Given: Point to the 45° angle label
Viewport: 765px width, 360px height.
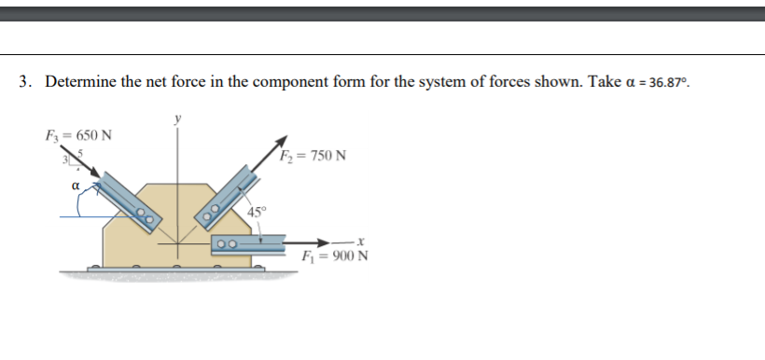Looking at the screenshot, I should point(257,209).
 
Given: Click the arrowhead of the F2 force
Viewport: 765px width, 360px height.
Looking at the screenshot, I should point(279,143).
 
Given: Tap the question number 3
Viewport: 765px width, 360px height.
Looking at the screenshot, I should point(24,82).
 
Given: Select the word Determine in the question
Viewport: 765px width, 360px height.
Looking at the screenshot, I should point(81,82).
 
